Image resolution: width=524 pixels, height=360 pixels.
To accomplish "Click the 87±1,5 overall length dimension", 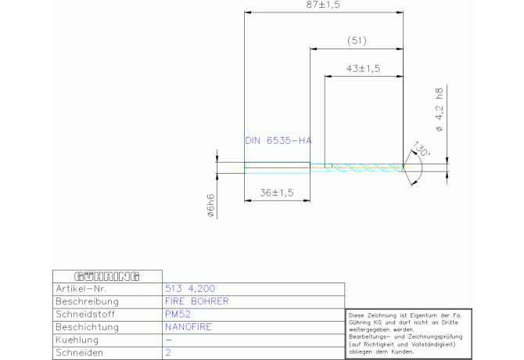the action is point(323,5).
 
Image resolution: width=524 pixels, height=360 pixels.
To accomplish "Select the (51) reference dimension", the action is point(357,41).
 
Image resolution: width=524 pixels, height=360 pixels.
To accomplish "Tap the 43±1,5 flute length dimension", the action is point(363,69).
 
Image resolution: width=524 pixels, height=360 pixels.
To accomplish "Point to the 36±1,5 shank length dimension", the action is point(277,193).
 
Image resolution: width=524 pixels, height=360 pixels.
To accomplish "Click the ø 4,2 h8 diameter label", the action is point(440,110).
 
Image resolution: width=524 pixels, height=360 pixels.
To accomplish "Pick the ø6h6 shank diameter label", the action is point(210,206).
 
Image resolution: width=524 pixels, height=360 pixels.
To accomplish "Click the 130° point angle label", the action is point(422,149).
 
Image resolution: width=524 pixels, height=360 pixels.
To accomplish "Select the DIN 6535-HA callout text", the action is point(278,140).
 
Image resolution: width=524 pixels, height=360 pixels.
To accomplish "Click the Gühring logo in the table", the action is point(107,276).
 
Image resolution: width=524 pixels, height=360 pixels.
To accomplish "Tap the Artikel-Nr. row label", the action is point(81,289).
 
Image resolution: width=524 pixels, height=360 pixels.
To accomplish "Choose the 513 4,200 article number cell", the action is point(190,289).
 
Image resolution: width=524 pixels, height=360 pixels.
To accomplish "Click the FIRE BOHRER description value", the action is point(197,301).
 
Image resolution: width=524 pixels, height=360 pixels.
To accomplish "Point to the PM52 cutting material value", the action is point(178,314).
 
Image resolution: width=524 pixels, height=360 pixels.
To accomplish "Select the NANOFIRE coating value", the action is point(188,327).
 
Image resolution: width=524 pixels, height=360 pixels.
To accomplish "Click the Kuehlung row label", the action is point(77,340).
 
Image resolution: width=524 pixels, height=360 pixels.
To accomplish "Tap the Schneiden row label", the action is point(80,353).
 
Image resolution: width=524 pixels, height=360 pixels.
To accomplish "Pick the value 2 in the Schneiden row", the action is point(168,353).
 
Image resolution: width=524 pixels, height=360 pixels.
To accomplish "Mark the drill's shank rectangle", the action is point(278,167).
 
